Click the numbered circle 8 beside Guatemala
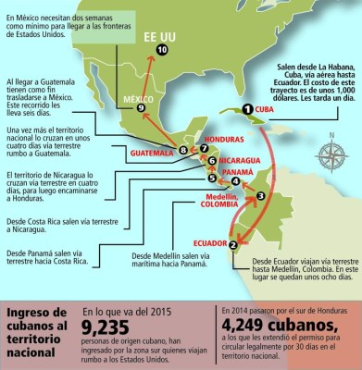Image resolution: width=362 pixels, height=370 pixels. click(182, 150)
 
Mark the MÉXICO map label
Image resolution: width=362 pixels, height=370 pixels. click(137, 124)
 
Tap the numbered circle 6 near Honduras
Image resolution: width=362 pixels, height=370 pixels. click(212, 160)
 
